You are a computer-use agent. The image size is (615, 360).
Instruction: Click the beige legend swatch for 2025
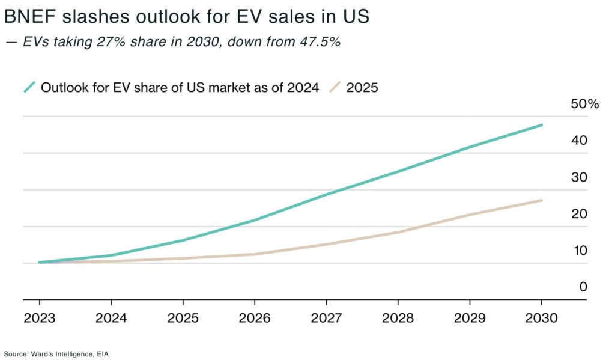336,87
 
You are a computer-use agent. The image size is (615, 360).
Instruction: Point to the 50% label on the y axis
584,104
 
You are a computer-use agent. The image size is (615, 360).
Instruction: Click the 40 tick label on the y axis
579,141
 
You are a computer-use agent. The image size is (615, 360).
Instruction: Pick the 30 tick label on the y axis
579,177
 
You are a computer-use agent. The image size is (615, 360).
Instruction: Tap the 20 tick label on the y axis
579,214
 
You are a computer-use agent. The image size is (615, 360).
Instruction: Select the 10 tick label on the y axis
579,251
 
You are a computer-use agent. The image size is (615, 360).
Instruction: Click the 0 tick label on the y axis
583,287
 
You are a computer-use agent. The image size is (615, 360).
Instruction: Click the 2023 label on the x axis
40,318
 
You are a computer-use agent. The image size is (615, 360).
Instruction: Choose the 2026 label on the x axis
255,318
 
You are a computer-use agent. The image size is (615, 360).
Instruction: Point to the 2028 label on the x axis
398,318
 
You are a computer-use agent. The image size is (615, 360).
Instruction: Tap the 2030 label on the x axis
542,318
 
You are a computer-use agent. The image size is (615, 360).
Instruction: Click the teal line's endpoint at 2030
542,125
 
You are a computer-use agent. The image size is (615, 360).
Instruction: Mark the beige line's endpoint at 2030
542,200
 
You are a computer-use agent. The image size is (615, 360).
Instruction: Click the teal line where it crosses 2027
326,194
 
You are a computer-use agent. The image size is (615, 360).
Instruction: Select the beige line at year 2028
398,232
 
